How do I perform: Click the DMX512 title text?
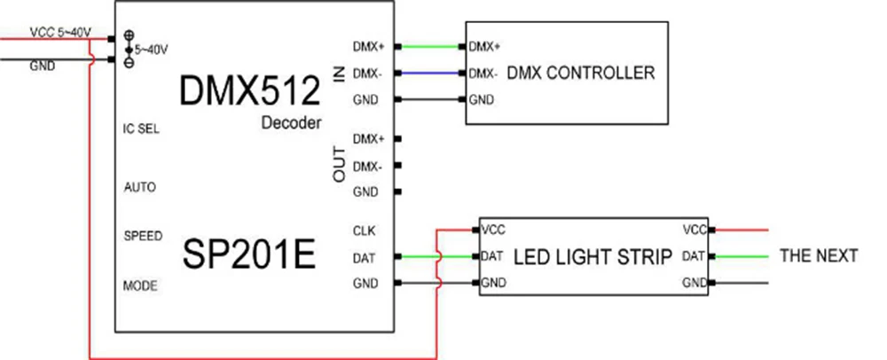click(249, 91)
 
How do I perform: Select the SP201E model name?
click(249, 254)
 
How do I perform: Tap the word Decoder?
click(291, 122)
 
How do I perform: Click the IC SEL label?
click(141, 129)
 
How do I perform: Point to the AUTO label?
click(140, 187)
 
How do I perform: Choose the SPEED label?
click(143, 236)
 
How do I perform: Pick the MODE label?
click(140, 286)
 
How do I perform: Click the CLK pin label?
click(364, 231)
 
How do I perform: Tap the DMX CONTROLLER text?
click(581, 73)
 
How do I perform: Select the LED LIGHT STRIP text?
click(593, 257)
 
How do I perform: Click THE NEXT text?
click(819, 255)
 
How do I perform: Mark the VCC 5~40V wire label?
click(60, 33)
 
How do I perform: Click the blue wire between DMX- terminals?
click(430, 73)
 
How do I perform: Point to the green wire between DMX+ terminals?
click(430, 46)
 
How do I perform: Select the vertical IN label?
click(340, 74)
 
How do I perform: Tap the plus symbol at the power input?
click(129, 35)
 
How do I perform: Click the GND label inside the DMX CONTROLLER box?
click(482, 100)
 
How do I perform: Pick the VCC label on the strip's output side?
click(695, 230)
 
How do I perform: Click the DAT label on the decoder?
click(364, 258)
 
